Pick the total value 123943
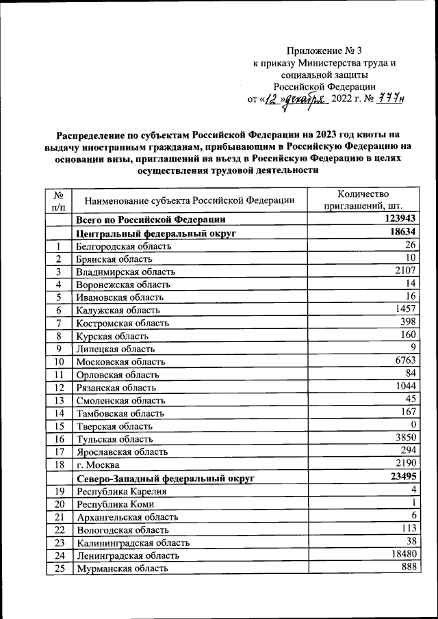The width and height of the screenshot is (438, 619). click(x=399, y=219)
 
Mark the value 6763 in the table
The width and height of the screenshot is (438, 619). click(x=405, y=360)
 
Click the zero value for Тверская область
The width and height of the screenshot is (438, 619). click(x=414, y=424)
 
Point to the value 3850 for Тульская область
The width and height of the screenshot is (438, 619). click(x=405, y=437)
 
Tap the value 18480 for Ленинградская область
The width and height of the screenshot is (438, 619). click(x=402, y=555)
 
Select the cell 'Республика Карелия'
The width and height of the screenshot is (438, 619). click(x=121, y=491)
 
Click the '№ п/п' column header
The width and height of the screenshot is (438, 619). click(x=59, y=199)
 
